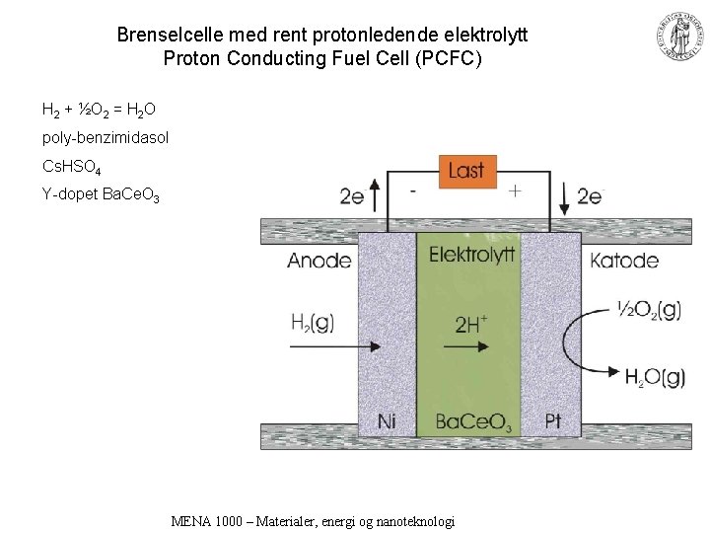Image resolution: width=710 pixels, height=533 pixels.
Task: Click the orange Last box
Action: tap(465, 171)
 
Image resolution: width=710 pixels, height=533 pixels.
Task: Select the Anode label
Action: tap(319, 261)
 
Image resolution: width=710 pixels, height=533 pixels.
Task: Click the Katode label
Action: tap(624, 261)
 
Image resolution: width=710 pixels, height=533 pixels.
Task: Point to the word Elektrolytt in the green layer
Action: tap(471, 255)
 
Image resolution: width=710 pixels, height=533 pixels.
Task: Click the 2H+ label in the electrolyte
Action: tap(471, 323)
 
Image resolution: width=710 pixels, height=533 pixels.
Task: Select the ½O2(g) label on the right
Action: tap(648, 310)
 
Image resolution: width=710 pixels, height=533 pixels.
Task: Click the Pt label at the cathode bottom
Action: tap(553, 421)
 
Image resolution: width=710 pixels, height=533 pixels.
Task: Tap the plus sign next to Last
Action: tap(515, 190)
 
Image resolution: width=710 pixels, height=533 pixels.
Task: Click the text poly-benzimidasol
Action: tap(106, 137)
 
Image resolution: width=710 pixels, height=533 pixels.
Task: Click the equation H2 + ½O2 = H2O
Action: tap(99, 108)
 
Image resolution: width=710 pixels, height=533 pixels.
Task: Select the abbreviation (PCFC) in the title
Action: tap(450, 59)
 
